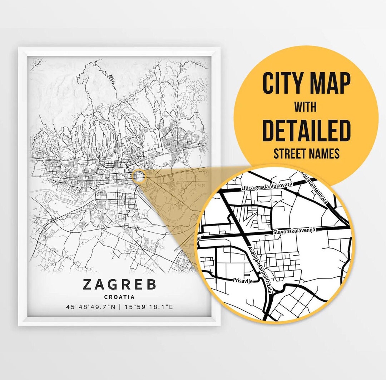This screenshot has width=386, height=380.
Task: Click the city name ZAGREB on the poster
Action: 119,285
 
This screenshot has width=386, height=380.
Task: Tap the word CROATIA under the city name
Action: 119,297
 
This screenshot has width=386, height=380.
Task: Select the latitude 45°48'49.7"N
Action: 91,307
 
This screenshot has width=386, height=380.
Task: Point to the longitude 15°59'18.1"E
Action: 148,307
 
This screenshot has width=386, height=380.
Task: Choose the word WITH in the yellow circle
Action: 306,106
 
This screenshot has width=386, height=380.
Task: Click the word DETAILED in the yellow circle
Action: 306,131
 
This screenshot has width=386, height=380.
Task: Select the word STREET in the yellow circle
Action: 290,154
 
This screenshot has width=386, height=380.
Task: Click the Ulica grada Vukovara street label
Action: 267,186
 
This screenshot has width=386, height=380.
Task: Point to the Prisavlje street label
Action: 242,281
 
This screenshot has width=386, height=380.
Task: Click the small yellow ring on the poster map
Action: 139,176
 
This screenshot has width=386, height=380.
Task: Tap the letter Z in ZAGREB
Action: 88,285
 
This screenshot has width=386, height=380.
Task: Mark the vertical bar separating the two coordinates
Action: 120,307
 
